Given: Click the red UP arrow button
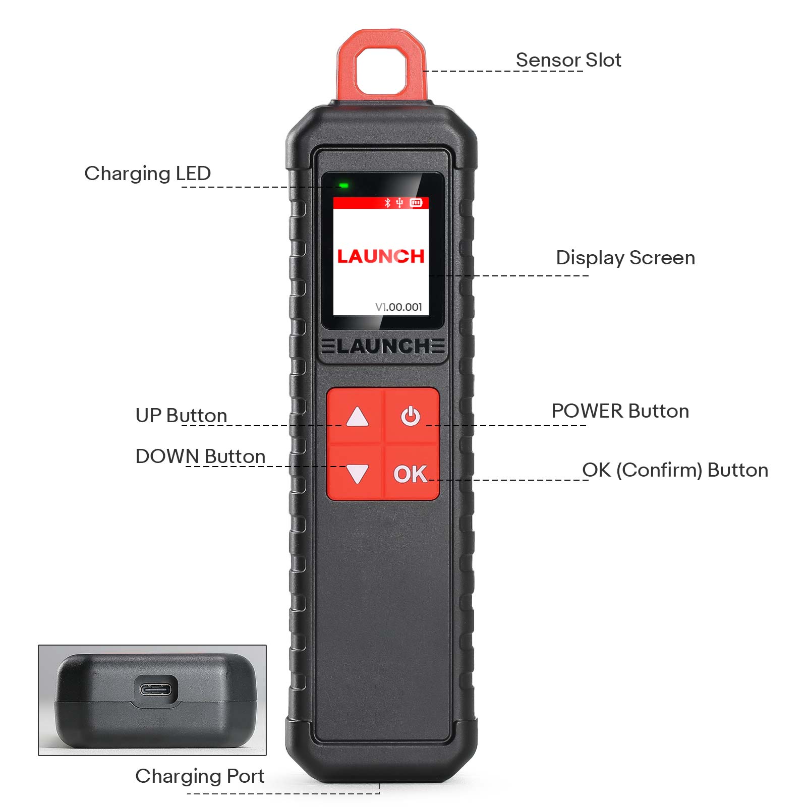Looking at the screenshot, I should click(357, 417).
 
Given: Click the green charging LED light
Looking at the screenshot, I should click(344, 186).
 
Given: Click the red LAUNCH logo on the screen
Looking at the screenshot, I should click(381, 256).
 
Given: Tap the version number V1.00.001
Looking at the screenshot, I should click(398, 307).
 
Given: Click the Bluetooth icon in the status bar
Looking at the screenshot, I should click(387, 203).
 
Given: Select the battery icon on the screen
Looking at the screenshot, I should click(416, 203).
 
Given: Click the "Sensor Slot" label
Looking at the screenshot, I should click(568, 60).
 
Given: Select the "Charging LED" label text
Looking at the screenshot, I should click(147, 174).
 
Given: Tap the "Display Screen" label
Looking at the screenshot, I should click(625, 258).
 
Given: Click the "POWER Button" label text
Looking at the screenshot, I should click(620, 411).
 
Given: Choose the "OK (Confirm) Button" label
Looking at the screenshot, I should click(675, 470).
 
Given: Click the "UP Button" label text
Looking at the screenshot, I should click(181, 416).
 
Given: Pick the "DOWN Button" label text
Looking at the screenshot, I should click(200, 456).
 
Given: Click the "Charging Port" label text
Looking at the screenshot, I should click(200, 776).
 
